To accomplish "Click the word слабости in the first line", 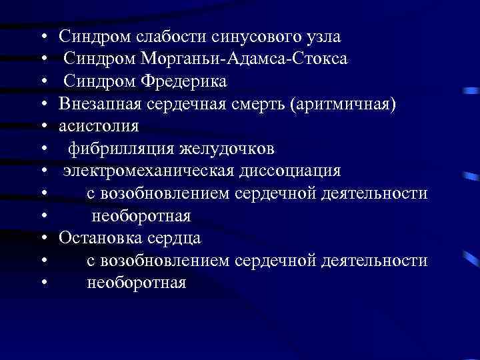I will tap(158, 35).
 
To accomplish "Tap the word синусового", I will tap(243, 35).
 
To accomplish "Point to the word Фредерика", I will tap(183, 81).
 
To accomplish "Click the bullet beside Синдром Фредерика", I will tap(43, 81).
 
